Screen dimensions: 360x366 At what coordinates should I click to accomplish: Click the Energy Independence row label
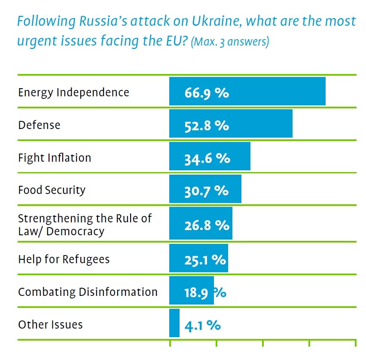coord(73,92)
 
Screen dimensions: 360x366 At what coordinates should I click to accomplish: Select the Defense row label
coord(39,125)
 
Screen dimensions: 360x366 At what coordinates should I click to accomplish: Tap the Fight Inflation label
coord(55,158)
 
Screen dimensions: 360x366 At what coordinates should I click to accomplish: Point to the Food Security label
coord(52,190)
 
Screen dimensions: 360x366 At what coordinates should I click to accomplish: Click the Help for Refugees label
coord(64,259)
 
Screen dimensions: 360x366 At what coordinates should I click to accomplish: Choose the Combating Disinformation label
coord(88,292)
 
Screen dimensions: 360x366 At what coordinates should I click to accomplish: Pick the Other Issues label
coord(50,324)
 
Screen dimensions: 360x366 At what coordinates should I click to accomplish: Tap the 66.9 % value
coord(207,93)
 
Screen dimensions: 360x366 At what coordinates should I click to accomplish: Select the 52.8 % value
coord(207,126)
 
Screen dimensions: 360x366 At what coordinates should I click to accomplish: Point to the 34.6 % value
coord(207,158)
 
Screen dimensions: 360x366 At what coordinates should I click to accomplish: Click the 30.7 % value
coord(206,191)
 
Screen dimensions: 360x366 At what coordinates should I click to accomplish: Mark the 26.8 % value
coord(207,225)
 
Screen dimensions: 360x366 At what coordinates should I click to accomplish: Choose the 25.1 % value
coord(205,260)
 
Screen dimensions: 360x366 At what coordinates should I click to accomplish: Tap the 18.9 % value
coord(205,293)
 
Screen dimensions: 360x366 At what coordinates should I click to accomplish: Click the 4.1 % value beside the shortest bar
coord(202,326)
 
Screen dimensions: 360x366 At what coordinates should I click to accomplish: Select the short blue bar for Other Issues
coord(174,323)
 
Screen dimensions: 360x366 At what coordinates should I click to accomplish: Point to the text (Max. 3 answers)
coord(230,43)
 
